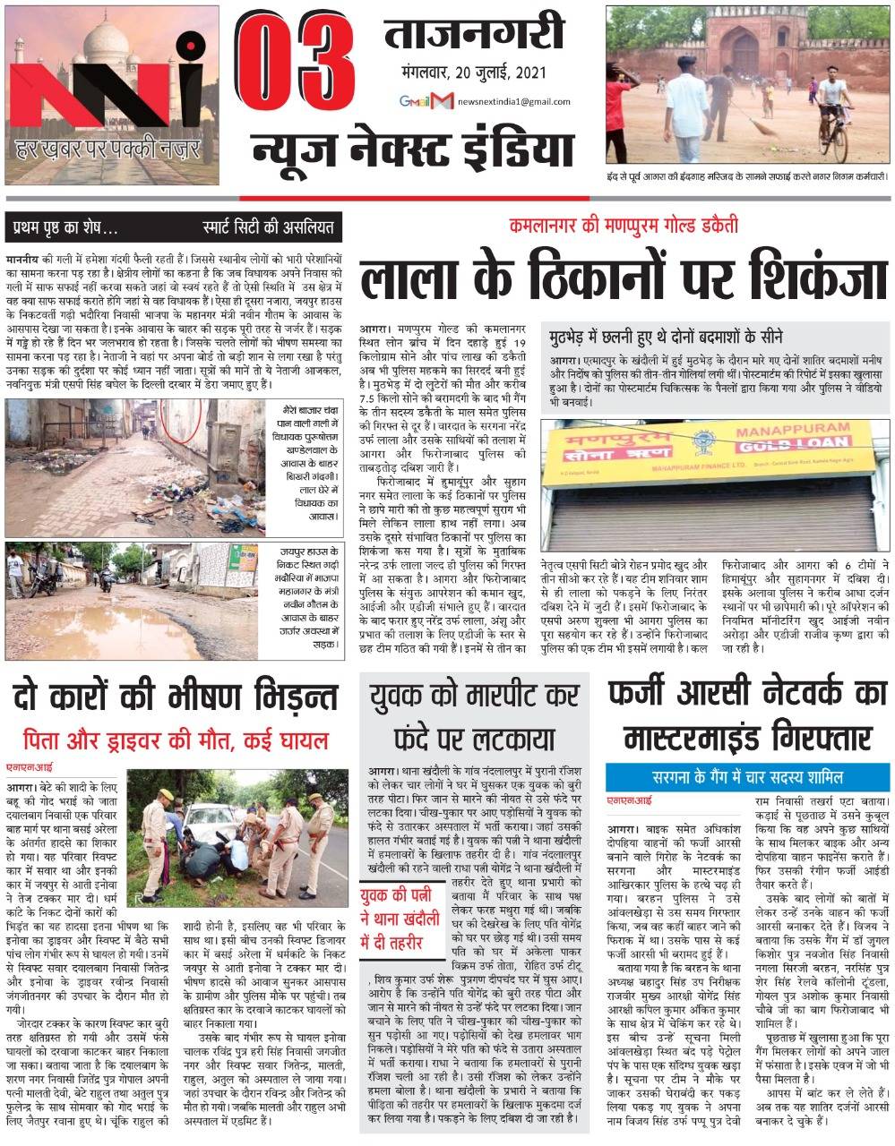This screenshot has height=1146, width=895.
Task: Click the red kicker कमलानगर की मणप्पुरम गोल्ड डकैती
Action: click(x=624, y=225)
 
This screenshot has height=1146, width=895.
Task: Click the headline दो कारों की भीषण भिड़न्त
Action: click(x=176, y=697)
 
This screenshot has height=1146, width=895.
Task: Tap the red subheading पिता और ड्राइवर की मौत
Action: click(x=176, y=740)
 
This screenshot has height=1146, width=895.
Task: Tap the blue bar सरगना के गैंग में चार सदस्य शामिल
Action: click(x=748, y=775)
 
